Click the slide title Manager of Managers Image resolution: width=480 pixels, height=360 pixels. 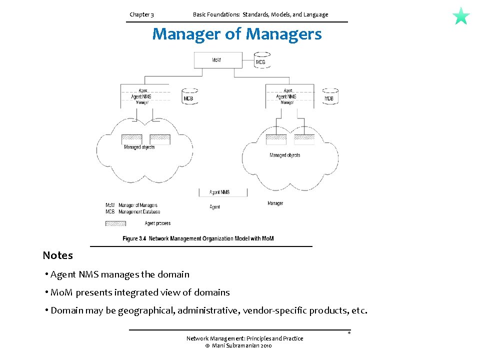tap(237, 34)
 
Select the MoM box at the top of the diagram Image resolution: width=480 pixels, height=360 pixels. tap(216, 60)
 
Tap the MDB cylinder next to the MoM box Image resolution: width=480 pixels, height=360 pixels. tap(261, 60)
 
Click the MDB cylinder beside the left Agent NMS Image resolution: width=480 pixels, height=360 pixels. tap(188, 96)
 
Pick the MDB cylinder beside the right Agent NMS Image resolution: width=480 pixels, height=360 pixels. tap(329, 96)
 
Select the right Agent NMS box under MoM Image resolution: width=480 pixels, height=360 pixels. tap(286, 96)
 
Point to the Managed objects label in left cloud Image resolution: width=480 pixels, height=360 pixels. tap(139, 147)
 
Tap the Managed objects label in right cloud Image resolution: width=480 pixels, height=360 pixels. tap(285, 155)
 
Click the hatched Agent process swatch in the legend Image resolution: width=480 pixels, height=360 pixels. tap(115, 223)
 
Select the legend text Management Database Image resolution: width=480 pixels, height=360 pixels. tap(138, 211)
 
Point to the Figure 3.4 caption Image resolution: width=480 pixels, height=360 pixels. tap(198, 238)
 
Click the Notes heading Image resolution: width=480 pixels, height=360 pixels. tap(57, 255)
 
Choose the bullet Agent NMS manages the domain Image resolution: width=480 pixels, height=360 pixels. tap(119, 274)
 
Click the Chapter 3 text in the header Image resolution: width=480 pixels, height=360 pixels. tap(141, 14)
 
